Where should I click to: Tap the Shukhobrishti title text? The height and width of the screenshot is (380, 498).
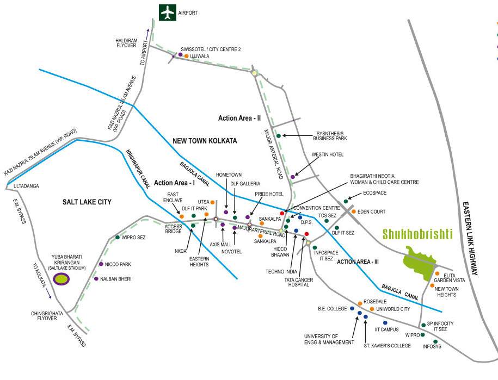coord(417,234)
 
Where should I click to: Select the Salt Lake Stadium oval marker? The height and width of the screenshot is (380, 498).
coord(62,279)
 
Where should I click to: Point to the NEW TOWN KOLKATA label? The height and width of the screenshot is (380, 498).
coord(205,141)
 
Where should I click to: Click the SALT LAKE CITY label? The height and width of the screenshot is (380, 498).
coord(87,202)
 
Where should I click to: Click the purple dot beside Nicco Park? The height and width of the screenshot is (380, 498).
coord(101,264)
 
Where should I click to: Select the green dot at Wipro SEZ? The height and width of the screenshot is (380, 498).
coord(118,238)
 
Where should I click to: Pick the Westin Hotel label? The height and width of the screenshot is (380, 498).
coord(327,154)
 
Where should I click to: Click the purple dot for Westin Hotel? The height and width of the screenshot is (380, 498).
coord(293,177)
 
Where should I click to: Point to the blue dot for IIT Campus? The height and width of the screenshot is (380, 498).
coord(385,323)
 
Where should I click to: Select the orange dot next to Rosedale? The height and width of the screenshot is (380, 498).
coord(360,303)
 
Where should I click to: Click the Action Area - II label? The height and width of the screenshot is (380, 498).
coord(239,117)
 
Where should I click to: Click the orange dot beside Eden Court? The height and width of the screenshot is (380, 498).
coord(353,211)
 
